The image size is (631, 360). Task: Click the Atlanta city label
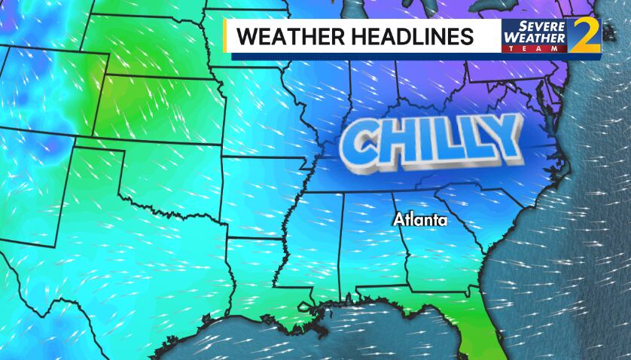[420, 221]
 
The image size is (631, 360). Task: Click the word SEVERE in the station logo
[532, 26]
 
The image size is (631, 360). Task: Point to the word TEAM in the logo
[533, 48]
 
